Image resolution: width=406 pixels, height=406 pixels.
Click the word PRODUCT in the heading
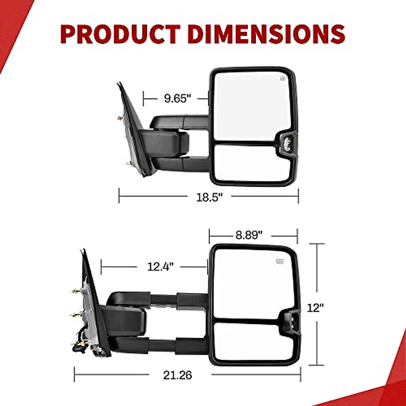pyautogui.click(x=120, y=34)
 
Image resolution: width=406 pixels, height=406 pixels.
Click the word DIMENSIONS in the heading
pyautogui.click(x=267, y=34)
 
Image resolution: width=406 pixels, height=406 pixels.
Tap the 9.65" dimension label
pyautogui.click(x=178, y=98)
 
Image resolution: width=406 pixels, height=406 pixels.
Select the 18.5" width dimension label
pyautogui.click(x=209, y=197)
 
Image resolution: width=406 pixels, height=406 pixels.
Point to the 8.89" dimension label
pyautogui.click(x=249, y=235)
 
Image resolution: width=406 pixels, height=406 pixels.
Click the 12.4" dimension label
pyautogui.click(x=160, y=267)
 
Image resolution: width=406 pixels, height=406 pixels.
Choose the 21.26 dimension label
pyautogui.click(x=177, y=375)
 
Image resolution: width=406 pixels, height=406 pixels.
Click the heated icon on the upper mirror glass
pyautogui.click(x=283, y=79)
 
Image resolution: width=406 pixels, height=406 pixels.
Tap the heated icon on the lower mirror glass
pyautogui.click(x=280, y=262)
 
